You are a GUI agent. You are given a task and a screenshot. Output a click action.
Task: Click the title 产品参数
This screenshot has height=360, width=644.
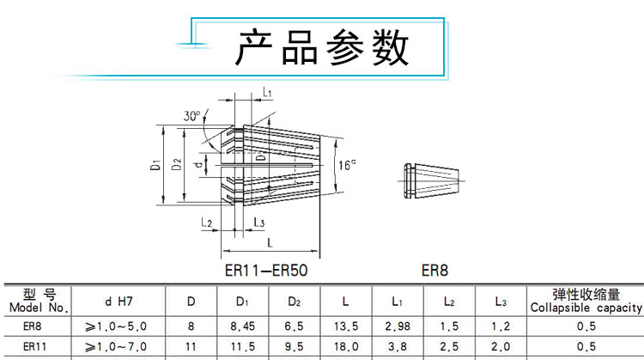(322, 48)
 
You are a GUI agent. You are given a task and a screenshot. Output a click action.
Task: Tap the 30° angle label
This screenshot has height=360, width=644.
(191, 116)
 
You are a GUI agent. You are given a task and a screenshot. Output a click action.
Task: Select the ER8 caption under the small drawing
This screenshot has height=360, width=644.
(434, 269)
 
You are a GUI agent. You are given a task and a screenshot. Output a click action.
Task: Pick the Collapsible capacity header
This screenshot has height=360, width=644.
(586, 301)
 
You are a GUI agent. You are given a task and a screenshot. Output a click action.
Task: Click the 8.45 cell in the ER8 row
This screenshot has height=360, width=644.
(242, 326)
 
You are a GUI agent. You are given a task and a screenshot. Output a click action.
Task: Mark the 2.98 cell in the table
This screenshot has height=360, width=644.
(398, 326)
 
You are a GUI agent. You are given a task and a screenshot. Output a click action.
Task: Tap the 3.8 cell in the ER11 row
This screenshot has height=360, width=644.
(398, 346)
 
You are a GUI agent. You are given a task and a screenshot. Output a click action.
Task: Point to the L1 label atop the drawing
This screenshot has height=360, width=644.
(267, 92)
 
